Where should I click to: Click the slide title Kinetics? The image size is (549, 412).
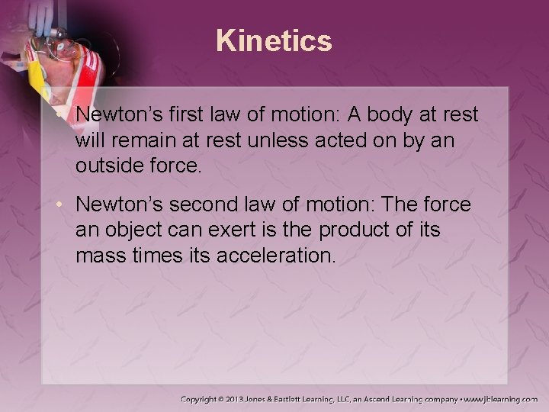coord(274,40)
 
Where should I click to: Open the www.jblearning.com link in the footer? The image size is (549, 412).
coord(499,398)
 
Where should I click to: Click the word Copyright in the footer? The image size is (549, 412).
coord(201,398)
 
